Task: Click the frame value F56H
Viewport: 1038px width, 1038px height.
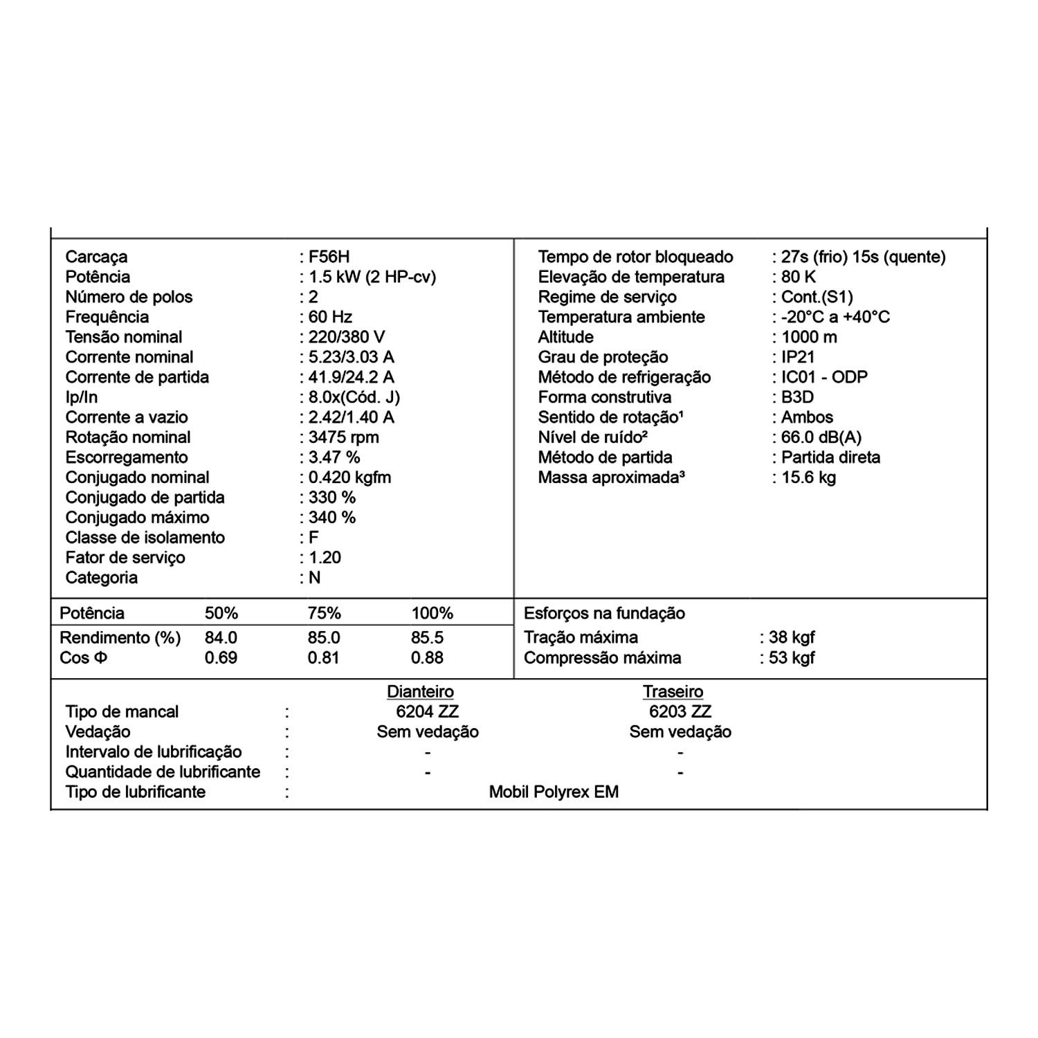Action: pyautogui.click(x=329, y=257)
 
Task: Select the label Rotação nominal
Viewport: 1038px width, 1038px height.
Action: pyautogui.click(x=128, y=437)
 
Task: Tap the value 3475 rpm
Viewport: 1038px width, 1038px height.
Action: pyautogui.click(x=343, y=437)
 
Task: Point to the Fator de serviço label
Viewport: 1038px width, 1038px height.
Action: pyautogui.click(x=125, y=558)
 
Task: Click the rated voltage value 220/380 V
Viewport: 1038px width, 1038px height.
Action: pyautogui.click(x=346, y=337)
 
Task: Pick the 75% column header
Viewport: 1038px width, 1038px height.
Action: pyautogui.click(x=324, y=613)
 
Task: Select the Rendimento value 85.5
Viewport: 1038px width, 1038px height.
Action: pyautogui.click(x=427, y=637)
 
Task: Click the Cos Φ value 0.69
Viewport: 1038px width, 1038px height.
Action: pyautogui.click(x=221, y=657)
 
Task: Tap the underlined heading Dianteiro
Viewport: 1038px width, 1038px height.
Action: pyautogui.click(x=420, y=691)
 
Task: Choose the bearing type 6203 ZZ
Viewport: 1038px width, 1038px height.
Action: pyautogui.click(x=680, y=711)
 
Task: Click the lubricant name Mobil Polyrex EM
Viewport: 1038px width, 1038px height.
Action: pyautogui.click(x=554, y=792)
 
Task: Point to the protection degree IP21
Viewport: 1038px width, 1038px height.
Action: pyautogui.click(x=798, y=357)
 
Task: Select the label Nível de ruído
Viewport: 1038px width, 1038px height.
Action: pyautogui.click(x=592, y=437)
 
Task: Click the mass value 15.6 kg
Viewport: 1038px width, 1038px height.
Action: pyautogui.click(x=808, y=477)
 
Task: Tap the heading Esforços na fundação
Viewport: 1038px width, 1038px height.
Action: pyautogui.click(x=604, y=613)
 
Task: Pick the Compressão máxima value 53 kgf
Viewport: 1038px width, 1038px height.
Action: pyautogui.click(x=791, y=657)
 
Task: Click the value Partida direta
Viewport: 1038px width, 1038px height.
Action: pyautogui.click(x=830, y=457)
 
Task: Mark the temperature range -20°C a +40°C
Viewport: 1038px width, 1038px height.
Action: pyautogui.click(x=835, y=317)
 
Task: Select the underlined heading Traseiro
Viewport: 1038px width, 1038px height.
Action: pyautogui.click(x=673, y=691)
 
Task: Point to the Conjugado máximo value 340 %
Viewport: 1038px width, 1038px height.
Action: pyautogui.click(x=331, y=518)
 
